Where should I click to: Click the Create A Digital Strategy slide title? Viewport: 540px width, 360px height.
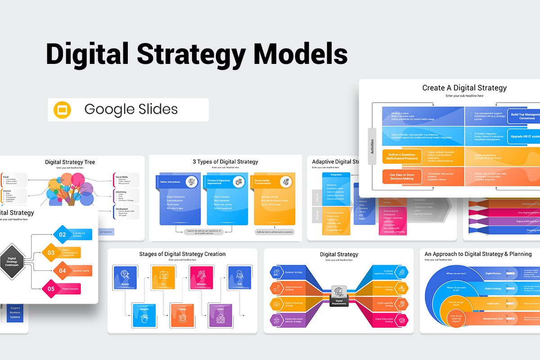pyautogui.click(x=464, y=88)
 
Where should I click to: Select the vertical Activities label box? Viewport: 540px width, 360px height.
pyautogui.click(x=372, y=146)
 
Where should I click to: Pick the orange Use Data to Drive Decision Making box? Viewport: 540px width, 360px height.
pyautogui.click(x=401, y=176)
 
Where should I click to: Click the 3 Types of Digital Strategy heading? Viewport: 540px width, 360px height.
pyautogui.click(x=225, y=162)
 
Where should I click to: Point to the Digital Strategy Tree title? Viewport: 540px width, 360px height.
pyautogui.click(x=70, y=162)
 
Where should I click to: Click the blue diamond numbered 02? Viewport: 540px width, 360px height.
pyautogui.click(x=63, y=234)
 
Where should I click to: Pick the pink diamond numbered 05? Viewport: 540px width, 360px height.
pyautogui.click(x=51, y=289)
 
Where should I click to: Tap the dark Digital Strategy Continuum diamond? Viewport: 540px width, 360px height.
pyautogui.click(x=12, y=261)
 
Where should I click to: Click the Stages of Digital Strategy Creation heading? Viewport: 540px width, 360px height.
pyautogui.click(x=182, y=254)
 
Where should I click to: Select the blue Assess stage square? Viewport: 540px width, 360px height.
pyautogui.click(x=125, y=277)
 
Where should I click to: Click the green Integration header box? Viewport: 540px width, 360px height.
pyautogui.click(x=336, y=175)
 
